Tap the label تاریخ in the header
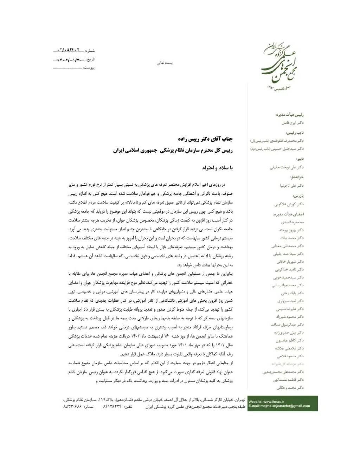90,59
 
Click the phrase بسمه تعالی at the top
165,64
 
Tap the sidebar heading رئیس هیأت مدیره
290,115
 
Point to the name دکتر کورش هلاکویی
289,204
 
